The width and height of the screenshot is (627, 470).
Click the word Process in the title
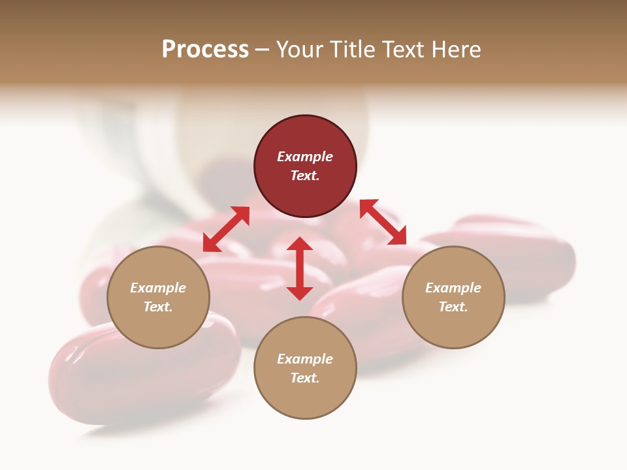click(x=205, y=50)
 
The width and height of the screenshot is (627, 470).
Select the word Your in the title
click(x=298, y=50)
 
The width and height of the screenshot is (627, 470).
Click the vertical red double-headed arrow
click(x=300, y=268)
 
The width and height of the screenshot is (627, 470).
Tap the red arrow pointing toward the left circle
click(x=226, y=229)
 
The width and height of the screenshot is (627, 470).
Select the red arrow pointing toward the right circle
click(x=383, y=222)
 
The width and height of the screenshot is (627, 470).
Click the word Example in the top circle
click(x=305, y=157)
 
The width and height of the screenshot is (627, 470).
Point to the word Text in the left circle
click(x=157, y=307)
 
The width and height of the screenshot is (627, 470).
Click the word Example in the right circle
click(x=453, y=288)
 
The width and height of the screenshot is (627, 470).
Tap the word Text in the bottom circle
click(x=304, y=378)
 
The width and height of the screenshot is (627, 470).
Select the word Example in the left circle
click(x=158, y=288)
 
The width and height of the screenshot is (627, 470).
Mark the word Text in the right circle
click(x=453, y=307)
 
